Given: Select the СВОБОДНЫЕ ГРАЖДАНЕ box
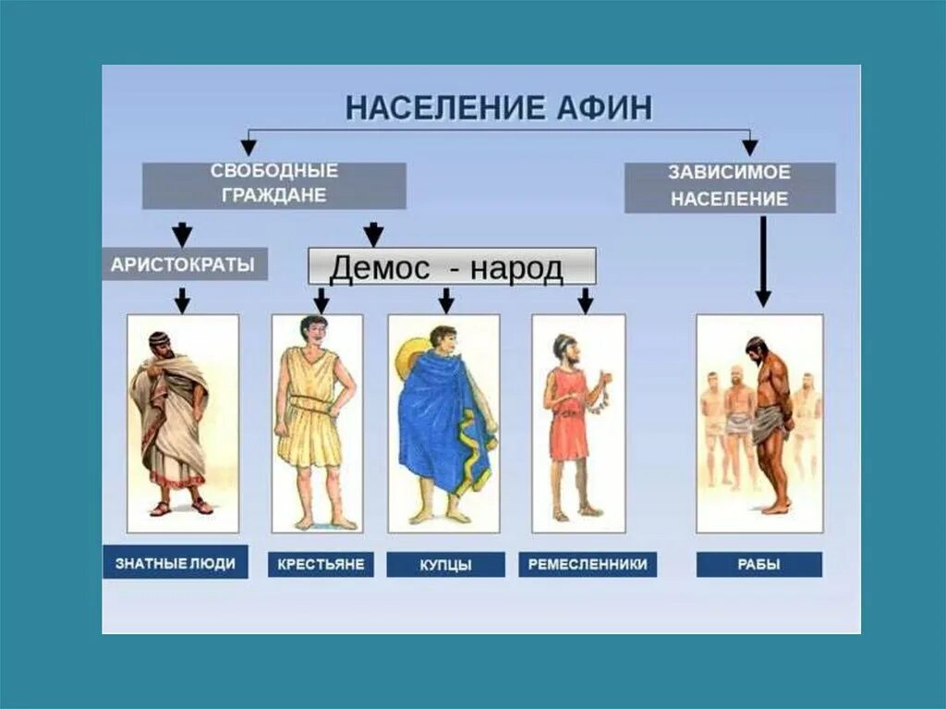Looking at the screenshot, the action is [273, 184].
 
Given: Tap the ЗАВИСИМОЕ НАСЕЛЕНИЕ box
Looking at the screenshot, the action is [730, 186].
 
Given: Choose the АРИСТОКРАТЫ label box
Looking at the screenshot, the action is [183, 264].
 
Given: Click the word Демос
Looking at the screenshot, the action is [380, 268].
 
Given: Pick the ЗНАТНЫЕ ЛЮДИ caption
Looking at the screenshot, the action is [176, 563].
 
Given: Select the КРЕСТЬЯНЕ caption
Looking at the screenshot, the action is [321, 564].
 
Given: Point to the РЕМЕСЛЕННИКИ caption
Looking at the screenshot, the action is [588, 564].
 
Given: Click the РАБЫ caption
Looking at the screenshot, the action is [759, 564].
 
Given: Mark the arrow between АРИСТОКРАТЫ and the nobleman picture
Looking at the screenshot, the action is [183, 299].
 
